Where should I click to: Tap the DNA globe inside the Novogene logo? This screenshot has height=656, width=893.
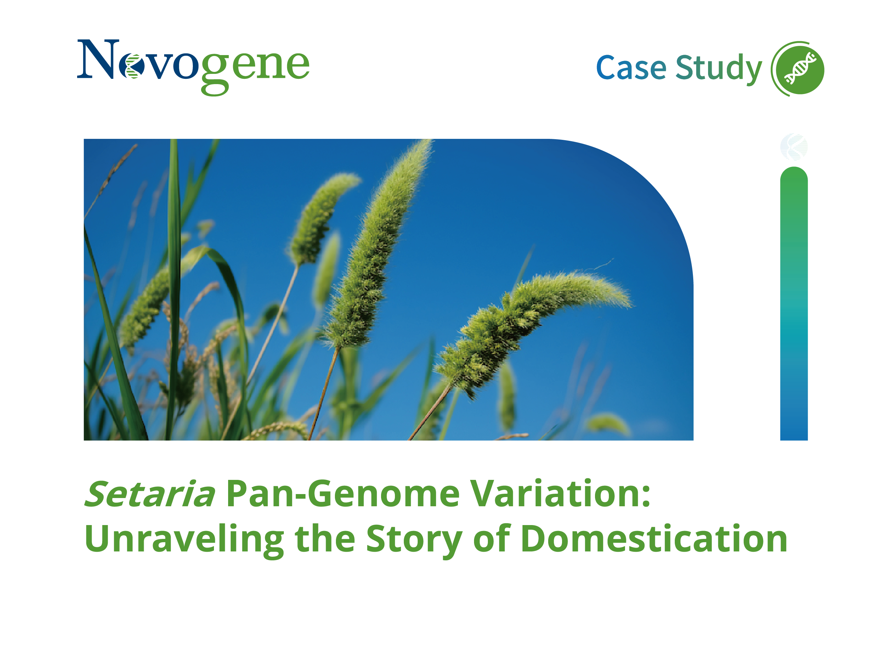(132, 66)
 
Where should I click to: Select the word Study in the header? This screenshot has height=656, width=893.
(718, 68)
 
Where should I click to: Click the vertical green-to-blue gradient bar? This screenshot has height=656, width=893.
(794, 303)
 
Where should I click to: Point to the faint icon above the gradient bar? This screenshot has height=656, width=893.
(794, 147)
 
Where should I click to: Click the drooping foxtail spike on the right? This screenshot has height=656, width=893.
(532, 329)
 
